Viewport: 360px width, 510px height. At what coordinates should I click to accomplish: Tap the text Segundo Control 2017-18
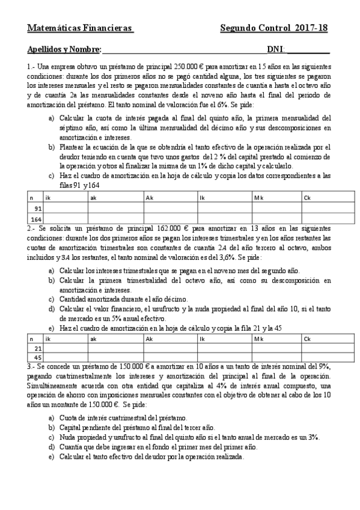click(274, 28)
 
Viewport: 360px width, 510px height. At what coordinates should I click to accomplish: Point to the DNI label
click(276, 50)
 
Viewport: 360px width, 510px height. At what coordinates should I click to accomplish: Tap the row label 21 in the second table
click(37, 348)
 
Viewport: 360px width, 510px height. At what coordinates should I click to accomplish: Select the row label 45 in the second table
click(37, 357)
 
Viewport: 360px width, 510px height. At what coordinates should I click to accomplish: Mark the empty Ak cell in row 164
click(171, 219)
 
